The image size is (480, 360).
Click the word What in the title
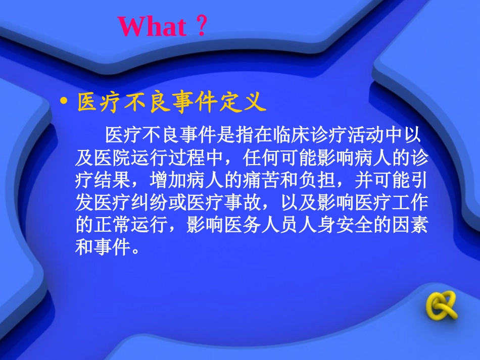pos(152,26)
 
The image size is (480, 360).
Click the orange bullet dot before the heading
pos(64,101)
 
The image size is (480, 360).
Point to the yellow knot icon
pos(442,305)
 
